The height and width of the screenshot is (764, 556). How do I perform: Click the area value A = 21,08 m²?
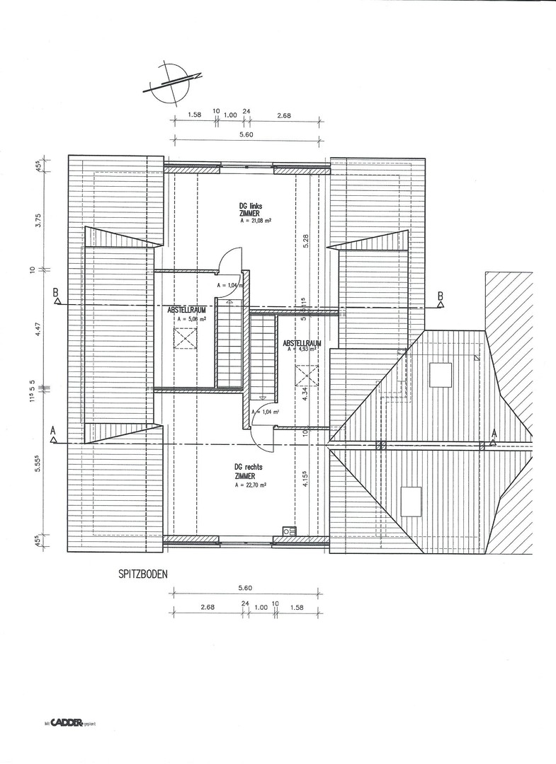(x=257, y=221)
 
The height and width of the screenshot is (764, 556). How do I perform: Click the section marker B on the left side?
(x=56, y=297)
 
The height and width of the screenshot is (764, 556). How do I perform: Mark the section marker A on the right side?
(x=494, y=436)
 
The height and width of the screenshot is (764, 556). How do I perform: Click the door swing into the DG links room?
(x=229, y=259)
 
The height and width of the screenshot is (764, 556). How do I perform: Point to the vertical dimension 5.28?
(x=306, y=242)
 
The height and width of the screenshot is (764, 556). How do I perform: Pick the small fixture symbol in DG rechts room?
(x=289, y=531)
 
